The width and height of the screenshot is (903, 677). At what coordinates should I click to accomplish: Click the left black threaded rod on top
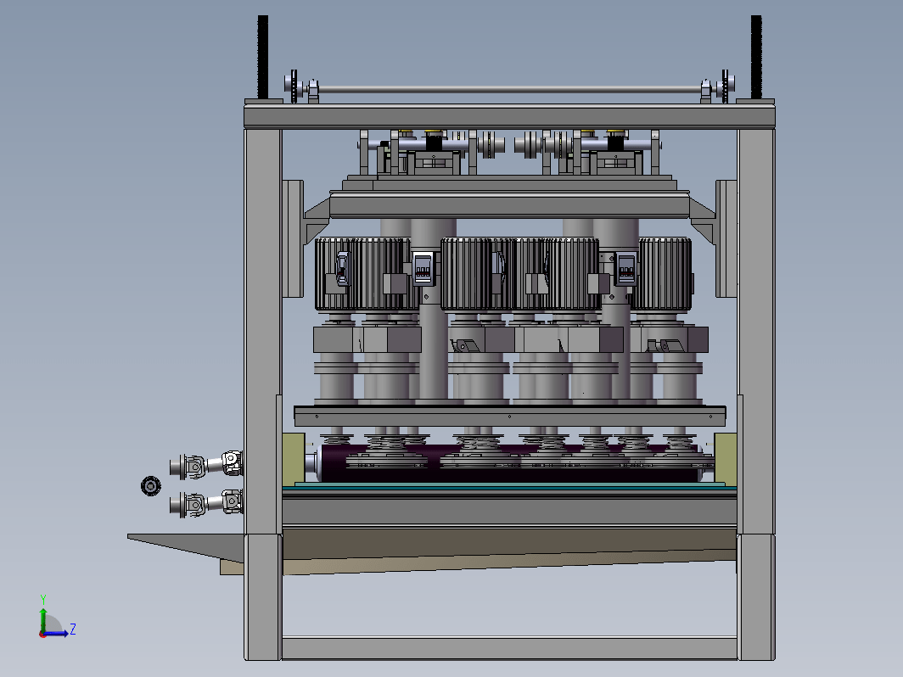coord(262,57)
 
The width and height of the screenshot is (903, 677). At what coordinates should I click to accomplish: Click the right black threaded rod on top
coord(756,57)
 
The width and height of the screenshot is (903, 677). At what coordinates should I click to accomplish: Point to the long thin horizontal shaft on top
coord(510,89)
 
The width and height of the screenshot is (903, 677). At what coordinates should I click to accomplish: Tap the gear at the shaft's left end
coord(294,87)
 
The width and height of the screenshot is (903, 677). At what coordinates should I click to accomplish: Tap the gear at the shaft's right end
coord(726,87)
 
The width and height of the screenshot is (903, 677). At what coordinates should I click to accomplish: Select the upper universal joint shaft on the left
coord(206,465)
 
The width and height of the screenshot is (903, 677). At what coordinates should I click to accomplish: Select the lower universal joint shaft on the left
coord(206,503)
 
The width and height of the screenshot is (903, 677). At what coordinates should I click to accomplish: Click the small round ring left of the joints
coord(151,486)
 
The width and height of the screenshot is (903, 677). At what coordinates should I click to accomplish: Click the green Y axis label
coord(42,600)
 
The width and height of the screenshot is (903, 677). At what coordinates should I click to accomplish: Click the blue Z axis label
coord(73,629)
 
